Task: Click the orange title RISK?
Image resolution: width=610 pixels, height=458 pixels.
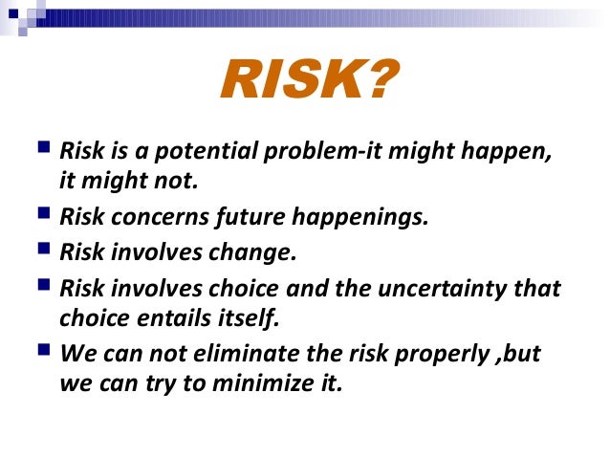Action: [304, 80]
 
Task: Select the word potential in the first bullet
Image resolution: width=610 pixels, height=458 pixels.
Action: [186, 152]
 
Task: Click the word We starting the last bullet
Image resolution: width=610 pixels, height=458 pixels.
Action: [76, 354]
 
